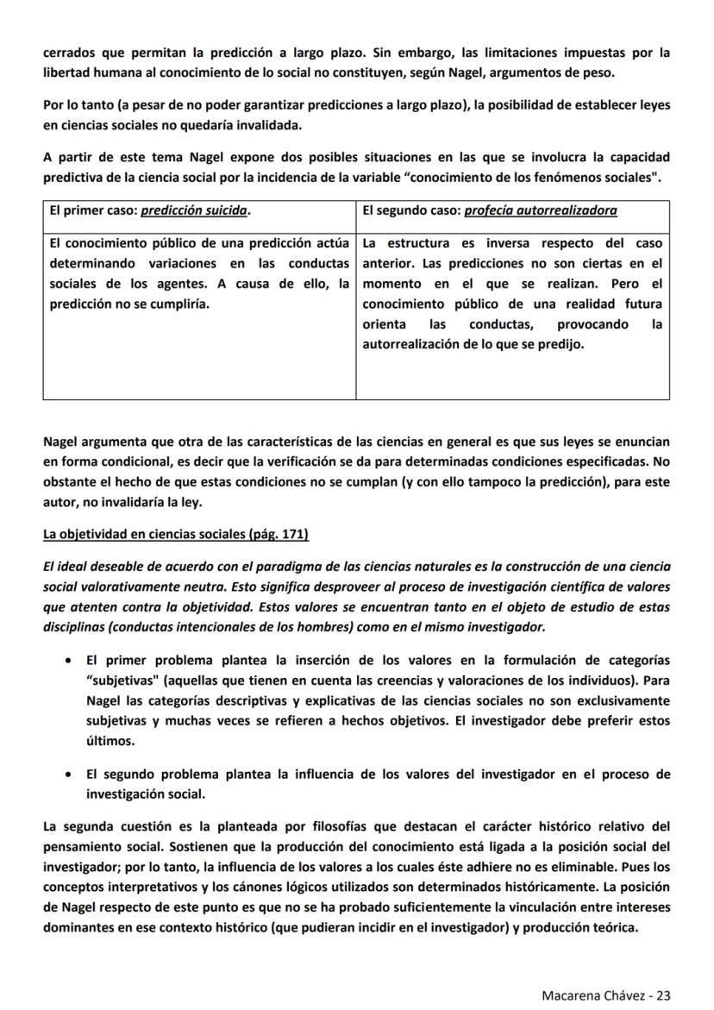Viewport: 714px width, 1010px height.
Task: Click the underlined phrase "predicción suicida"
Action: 194,210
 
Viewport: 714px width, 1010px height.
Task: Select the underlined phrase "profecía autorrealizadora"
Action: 540,210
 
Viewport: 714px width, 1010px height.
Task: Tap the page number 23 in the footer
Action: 663,994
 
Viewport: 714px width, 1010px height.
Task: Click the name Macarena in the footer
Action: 572,994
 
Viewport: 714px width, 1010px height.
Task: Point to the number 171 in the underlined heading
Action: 292,535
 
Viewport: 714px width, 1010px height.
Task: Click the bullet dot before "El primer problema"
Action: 68,661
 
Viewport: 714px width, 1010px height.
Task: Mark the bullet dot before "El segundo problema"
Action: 68,775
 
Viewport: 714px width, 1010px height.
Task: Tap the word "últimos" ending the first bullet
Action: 109,741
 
